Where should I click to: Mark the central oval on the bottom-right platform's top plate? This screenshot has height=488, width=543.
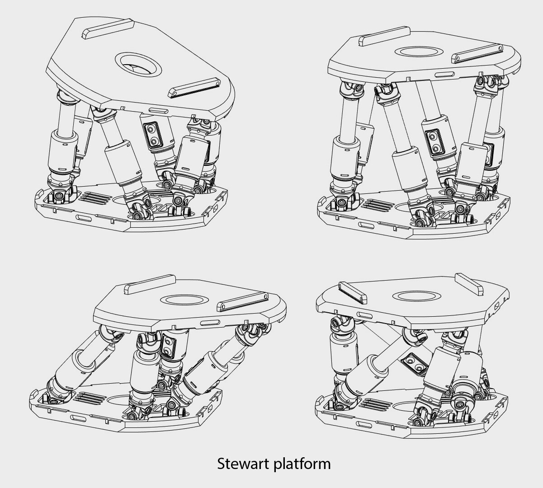416,296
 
